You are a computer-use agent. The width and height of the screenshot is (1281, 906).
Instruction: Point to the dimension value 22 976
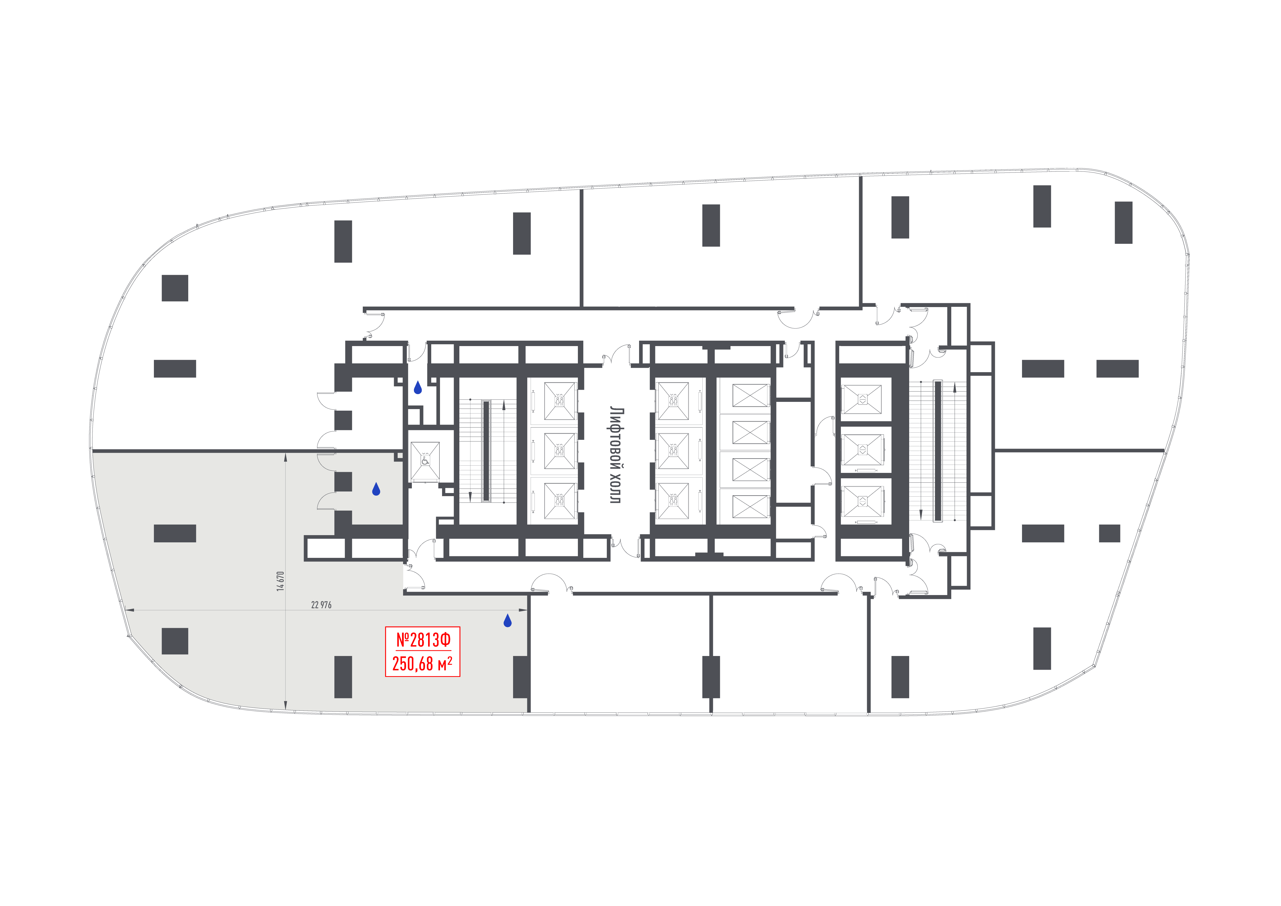click(x=321, y=605)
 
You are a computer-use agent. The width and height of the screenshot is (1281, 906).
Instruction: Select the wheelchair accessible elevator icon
click(x=425, y=461)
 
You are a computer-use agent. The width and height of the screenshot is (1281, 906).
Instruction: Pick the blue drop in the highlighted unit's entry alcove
click(x=376, y=489)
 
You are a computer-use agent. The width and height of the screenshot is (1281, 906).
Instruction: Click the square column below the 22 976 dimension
click(x=175, y=641)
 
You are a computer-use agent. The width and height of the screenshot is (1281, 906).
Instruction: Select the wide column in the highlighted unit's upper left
click(x=175, y=533)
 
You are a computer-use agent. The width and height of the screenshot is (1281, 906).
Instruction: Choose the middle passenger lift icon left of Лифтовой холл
click(x=559, y=451)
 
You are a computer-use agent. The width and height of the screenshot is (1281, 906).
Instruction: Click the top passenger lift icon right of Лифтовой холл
click(x=673, y=401)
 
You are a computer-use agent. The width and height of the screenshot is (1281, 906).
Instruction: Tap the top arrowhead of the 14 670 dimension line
click(x=286, y=456)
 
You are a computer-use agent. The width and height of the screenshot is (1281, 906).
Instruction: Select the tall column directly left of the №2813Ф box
click(x=343, y=677)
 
